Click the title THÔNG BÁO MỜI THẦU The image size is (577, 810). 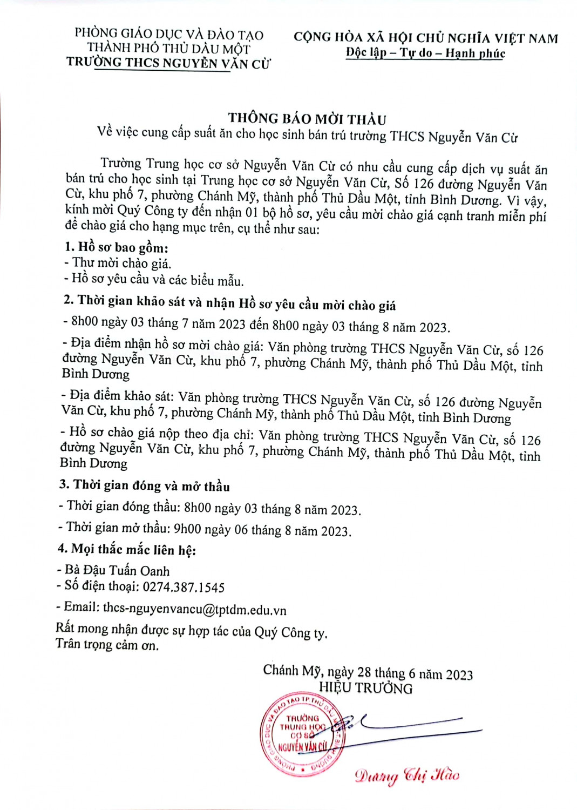[x=307, y=119]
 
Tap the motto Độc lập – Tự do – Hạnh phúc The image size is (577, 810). [x=425, y=53]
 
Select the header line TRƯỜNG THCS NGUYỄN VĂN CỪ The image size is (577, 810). [x=168, y=63]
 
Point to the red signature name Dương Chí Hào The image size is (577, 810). [x=407, y=775]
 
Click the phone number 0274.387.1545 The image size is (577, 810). [x=183, y=587]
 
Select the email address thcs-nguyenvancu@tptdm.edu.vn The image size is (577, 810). [x=194, y=609]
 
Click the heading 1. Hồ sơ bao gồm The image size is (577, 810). [x=116, y=248]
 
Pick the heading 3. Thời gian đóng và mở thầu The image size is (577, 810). [x=144, y=485]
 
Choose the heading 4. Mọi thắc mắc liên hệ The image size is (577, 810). [x=126, y=550]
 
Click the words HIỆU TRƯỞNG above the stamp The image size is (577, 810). [x=365, y=688]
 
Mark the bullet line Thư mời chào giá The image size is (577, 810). [x=121, y=264]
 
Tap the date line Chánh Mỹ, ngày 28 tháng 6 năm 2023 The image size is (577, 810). [x=368, y=673]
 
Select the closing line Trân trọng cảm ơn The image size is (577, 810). [x=107, y=645]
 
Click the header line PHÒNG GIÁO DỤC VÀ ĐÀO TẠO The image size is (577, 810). [x=169, y=35]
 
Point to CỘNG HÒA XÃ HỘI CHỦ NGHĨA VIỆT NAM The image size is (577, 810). [x=425, y=38]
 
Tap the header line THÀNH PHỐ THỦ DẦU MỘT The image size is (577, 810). [x=169, y=49]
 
